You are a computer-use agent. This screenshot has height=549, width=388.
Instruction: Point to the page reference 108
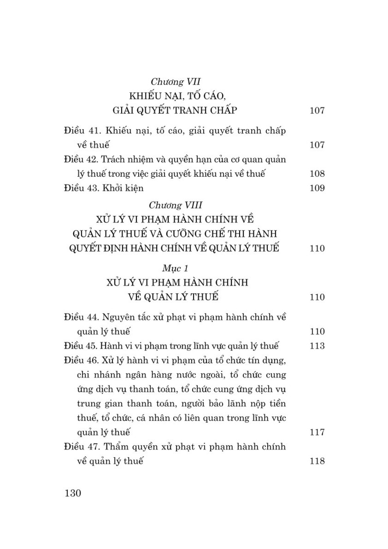pos(316,174)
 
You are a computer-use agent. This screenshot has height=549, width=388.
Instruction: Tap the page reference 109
pos(316,188)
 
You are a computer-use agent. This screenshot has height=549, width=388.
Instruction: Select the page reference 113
pos(316,346)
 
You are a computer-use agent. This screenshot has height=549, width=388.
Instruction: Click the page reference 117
pos(316,432)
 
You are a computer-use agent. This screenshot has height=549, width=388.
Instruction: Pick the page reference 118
pos(316,461)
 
